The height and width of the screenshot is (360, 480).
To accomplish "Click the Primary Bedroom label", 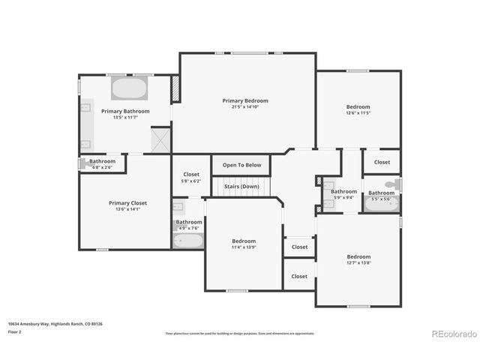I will click(x=244, y=100).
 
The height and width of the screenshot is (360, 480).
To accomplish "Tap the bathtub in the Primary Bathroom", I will click(x=130, y=89).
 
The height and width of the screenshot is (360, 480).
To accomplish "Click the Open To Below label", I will click(x=241, y=165).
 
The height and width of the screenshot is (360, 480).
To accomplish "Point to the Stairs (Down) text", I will click(x=241, y=186).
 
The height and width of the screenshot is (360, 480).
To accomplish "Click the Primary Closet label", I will click(x=127, y=202).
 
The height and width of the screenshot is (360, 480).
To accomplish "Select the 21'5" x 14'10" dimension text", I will click(x=244, y=107).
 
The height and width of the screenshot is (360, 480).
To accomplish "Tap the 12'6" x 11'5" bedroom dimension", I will click(x=358, y=113).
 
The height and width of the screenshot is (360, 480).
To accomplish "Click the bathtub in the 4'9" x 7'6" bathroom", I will click(x=188, y=241).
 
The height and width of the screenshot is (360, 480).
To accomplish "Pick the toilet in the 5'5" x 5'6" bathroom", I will click(x=391, y=184).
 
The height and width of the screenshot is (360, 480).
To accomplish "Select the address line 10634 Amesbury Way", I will click(x=55, y=323).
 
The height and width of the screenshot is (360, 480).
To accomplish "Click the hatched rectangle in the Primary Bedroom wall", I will click(x=176, y=88).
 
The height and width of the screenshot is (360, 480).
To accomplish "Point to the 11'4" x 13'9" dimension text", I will click(x=244, y=247).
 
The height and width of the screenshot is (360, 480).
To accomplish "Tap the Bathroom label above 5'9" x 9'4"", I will click(x=344, y=191).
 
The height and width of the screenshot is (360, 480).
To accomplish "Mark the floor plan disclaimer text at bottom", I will click(x=240, y=332).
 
